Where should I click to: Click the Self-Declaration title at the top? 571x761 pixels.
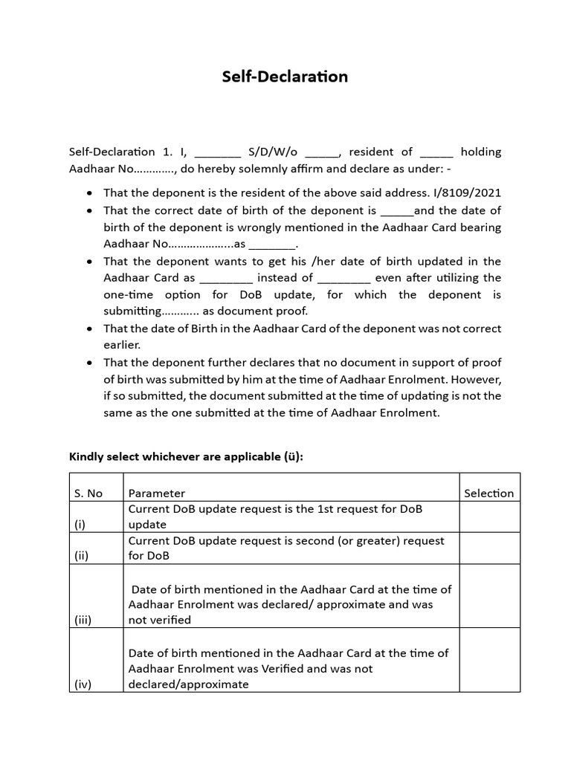point(285,77)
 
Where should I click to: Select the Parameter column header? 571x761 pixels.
point(157,493)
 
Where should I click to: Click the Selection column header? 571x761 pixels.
point(488,493)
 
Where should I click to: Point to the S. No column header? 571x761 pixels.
point(88,493)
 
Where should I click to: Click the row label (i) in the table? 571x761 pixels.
point(80,524)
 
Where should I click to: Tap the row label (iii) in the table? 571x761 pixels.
point(83,620)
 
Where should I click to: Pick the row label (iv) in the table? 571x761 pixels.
point(83,684)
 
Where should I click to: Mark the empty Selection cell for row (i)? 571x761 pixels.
point(488,516)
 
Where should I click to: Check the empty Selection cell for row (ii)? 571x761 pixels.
point(488,548)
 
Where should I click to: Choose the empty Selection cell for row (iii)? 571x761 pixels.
point(488,597)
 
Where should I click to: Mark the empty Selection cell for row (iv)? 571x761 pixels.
point(488,661)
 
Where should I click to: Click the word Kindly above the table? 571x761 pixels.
point(86,456)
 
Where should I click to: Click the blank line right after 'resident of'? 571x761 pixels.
point(436,153)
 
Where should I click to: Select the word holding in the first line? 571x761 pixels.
point(480,152)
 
